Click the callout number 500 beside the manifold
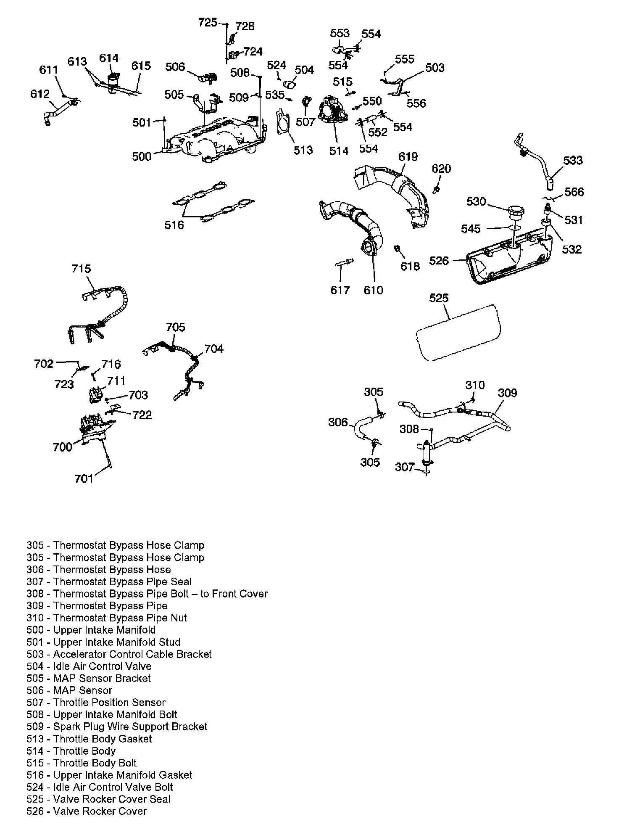[142, 156]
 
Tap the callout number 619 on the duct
[408, 157]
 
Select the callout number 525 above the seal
[439, 298]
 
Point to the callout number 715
[81, 269]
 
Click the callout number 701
[84, 478]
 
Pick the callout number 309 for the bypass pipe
[508, 393]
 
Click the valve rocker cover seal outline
[458, 332]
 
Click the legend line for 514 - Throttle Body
[71, 751]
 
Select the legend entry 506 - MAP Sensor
[69, 690]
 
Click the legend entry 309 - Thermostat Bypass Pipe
[97, 606]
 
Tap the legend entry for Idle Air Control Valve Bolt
[100, 787]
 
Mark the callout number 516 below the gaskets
[174, 225]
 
